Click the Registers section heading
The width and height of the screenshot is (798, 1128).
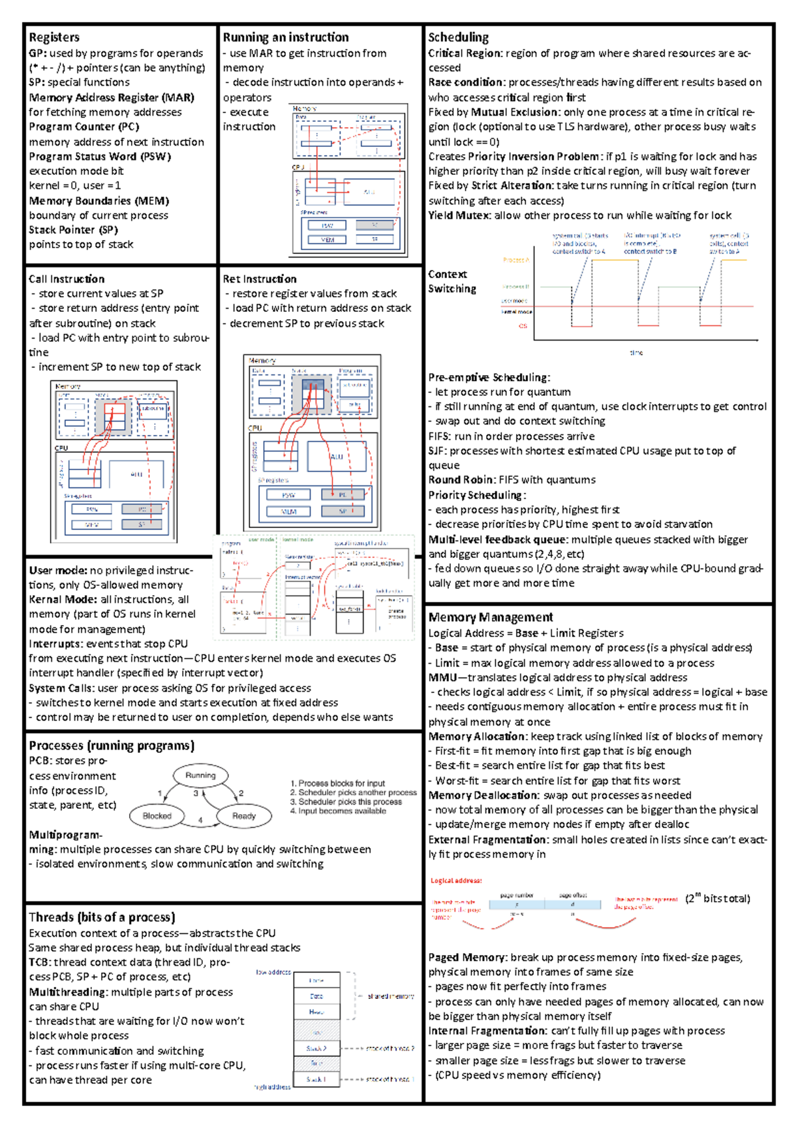54,37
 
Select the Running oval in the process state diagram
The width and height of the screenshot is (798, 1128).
200,775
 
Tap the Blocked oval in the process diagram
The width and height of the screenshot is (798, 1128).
157,815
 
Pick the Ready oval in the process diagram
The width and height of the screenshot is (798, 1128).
244,815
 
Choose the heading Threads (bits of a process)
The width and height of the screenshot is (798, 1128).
102,917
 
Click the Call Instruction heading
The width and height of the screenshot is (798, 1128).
66,279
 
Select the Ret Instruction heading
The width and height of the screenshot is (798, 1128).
259,279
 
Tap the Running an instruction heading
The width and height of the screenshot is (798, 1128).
285,37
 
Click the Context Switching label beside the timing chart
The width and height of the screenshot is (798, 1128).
452,281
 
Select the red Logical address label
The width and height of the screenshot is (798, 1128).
456,881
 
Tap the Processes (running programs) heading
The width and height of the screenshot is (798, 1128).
111,746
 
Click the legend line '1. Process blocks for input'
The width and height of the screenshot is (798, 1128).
337,783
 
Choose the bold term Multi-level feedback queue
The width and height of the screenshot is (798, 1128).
498,539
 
